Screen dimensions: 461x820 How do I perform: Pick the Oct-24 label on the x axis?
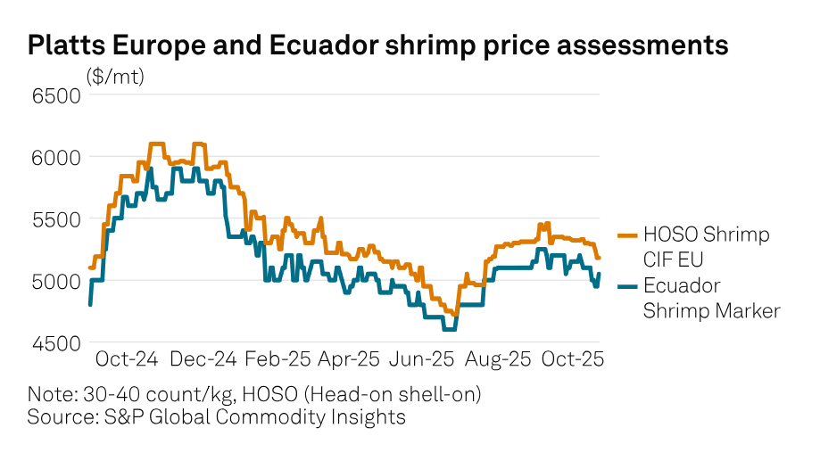[127, 359]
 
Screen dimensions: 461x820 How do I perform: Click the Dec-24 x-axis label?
[204, 359]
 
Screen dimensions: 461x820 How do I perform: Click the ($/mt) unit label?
[115, 77]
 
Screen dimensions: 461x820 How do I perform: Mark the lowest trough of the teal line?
[449, 329]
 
